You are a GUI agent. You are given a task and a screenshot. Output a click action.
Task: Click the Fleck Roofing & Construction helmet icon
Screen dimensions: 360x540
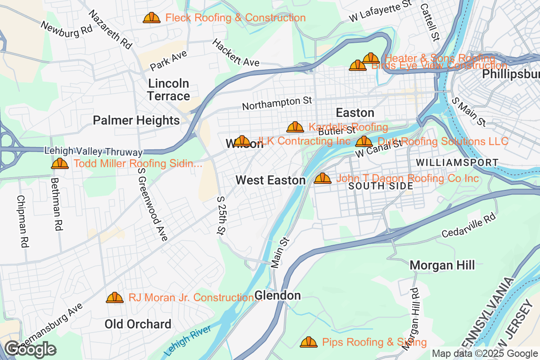[x=152, y=18]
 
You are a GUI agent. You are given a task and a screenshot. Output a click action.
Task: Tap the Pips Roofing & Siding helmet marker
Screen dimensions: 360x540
[x=309, y=342]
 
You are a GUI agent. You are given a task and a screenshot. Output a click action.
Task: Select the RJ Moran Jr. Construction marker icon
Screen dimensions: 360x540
[x=115, y=297]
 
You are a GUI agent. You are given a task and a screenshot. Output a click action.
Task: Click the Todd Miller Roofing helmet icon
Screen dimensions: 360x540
[x=60, y=163]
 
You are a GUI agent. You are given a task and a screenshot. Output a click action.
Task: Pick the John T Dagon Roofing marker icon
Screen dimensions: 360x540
[x=323, y=179]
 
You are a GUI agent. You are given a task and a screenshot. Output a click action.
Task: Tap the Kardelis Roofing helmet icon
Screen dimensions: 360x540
[x=295, y=127]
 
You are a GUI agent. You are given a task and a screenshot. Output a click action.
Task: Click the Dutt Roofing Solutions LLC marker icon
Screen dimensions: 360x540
[x=364, y=142]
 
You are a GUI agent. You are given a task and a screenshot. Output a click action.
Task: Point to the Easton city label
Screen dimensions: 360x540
[x=355, y=112]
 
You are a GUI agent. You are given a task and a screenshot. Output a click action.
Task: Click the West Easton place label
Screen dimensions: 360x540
[x=270, y=180]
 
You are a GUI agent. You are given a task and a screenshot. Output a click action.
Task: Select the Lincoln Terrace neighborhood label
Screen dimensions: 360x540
[x=169, y=90]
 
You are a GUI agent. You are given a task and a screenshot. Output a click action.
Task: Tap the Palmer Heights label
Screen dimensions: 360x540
[x=136, y=120]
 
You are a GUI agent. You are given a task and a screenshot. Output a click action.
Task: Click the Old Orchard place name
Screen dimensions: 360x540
[x=138, y=324]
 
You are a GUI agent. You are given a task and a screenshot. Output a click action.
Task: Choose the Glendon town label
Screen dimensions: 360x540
[x=277, y=296]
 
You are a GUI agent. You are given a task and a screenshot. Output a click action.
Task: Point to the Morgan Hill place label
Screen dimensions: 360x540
[x=442, y=265]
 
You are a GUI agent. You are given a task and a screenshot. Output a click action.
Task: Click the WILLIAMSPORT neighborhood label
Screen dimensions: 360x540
[x=457, y=162]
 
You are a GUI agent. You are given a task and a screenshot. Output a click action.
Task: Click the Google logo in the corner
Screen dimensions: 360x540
[x=31, y=349]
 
